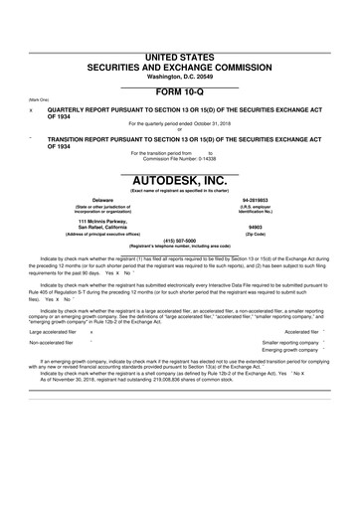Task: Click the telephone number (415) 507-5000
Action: (179, 240)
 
